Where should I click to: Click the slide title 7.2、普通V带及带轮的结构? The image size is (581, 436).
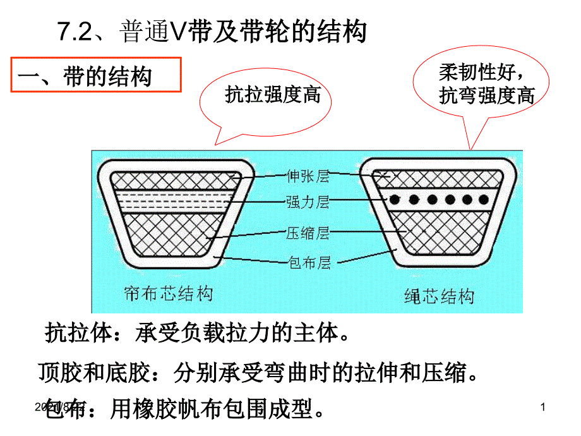(212, 32)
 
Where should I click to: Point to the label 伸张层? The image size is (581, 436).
(308, 174)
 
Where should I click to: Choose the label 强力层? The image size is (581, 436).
(308, 203)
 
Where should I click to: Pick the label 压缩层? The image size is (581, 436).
(308, 233)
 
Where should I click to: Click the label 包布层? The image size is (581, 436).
(308, 262)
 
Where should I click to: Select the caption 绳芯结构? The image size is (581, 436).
(438, 295)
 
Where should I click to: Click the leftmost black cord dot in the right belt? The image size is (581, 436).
(394, 200)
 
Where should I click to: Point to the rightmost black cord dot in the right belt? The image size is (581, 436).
(483, 200)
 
